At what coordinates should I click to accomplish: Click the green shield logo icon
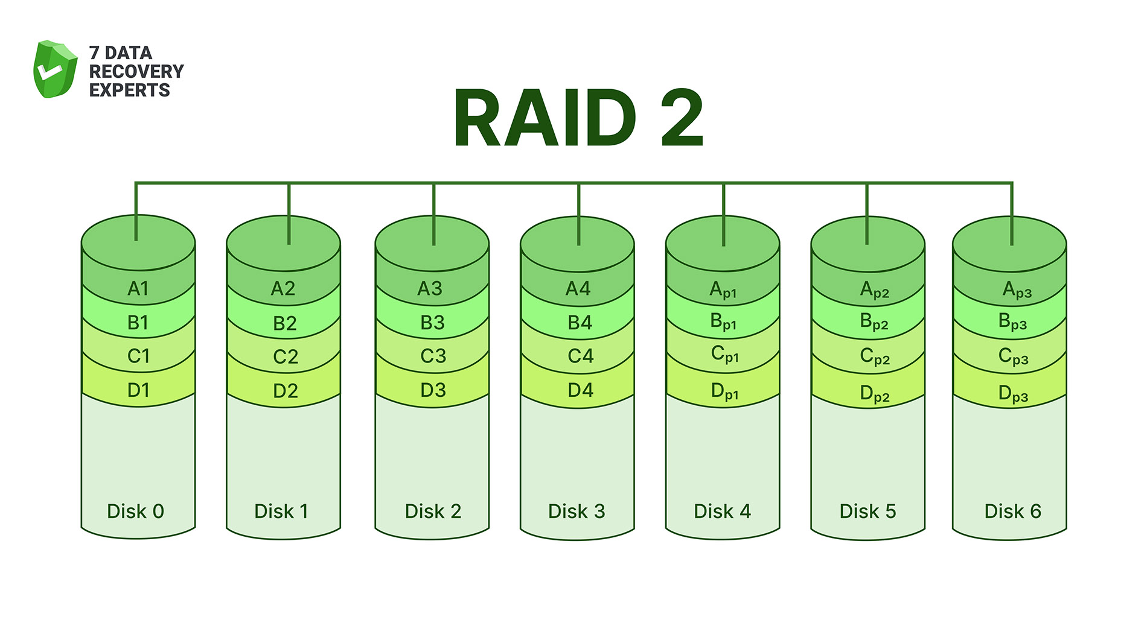tap(55, 69)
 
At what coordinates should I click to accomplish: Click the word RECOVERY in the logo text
tap(136, 71)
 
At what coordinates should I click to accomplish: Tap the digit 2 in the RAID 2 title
tap(682, 118)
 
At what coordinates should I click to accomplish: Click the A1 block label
tap(138, 289)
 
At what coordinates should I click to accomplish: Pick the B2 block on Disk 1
tap(284, 323)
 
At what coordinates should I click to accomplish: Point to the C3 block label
tap(433, 356)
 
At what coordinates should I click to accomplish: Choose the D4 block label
tap(580, 390)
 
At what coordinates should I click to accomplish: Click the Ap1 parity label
tap(723, 290)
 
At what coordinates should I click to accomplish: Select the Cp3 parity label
tap(1013, 356)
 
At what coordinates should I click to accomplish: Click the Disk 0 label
tap(135, 511)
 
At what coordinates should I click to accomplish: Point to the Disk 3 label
tap(576, 511)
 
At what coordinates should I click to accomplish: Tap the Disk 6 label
tap(1012, 511)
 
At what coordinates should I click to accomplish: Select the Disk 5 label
tap(867, 511)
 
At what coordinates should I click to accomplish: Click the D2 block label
tap(285, 391)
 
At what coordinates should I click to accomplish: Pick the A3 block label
tap(430, 289)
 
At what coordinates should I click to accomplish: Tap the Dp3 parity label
tap(1013, 394)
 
